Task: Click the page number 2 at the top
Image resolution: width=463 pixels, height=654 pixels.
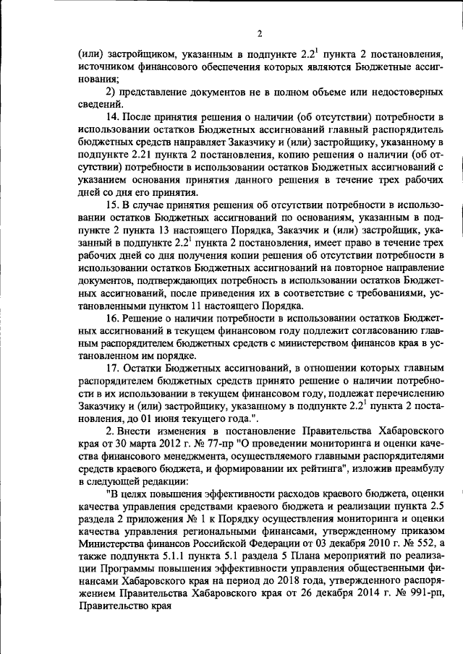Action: tap(258, 34)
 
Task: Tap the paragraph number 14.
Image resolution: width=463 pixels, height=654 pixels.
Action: tap(112, 117)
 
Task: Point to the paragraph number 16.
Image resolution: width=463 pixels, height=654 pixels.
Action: tap(112, 319)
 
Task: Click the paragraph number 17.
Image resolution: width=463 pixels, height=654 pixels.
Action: tap(112, 368)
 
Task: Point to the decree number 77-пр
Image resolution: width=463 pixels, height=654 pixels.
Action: tap(232, 443)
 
